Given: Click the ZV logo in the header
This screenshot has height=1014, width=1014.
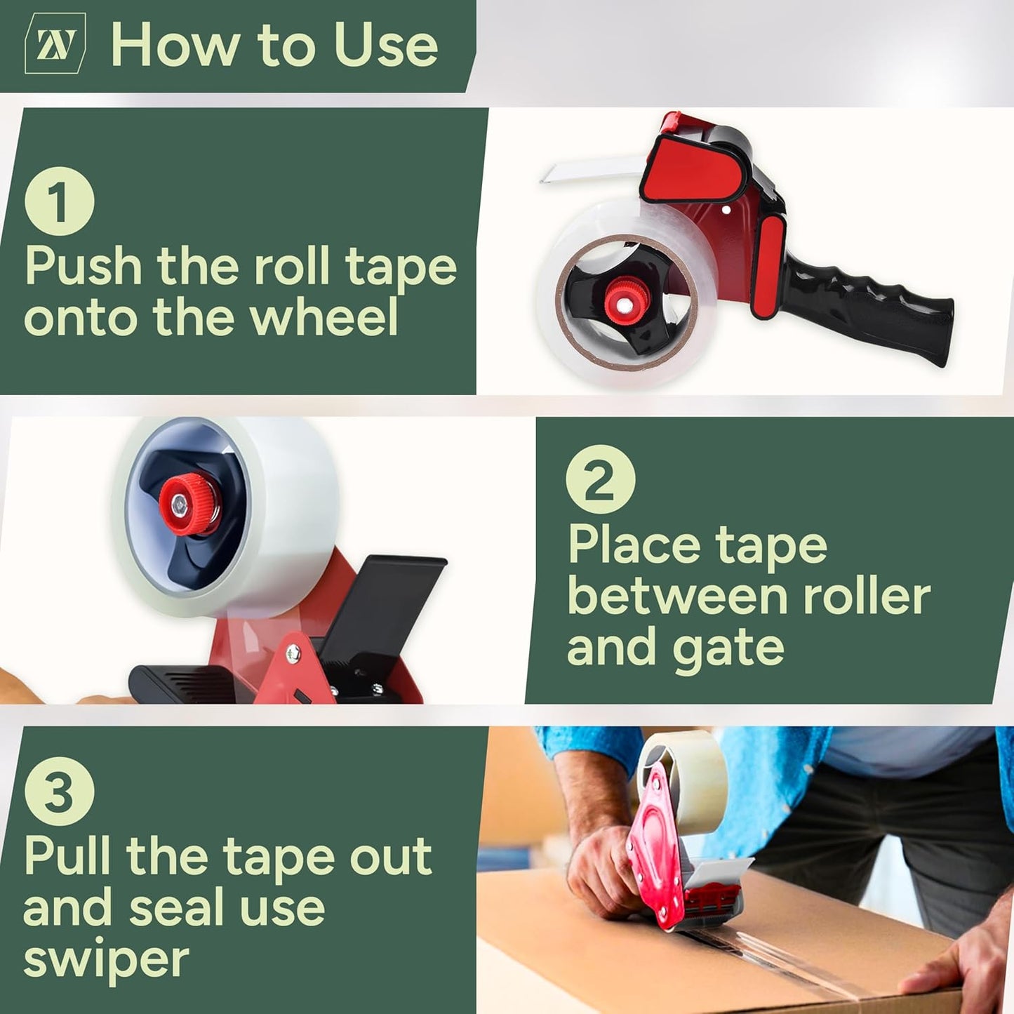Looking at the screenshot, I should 55,44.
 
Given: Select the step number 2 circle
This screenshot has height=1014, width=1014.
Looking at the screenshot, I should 600,480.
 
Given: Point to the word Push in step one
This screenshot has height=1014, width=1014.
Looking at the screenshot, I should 84,267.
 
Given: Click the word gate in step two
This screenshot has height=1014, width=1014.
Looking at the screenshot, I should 728,649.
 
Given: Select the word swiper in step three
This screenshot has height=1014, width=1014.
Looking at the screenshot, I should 106,960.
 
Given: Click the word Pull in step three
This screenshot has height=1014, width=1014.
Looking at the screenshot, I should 67,856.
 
